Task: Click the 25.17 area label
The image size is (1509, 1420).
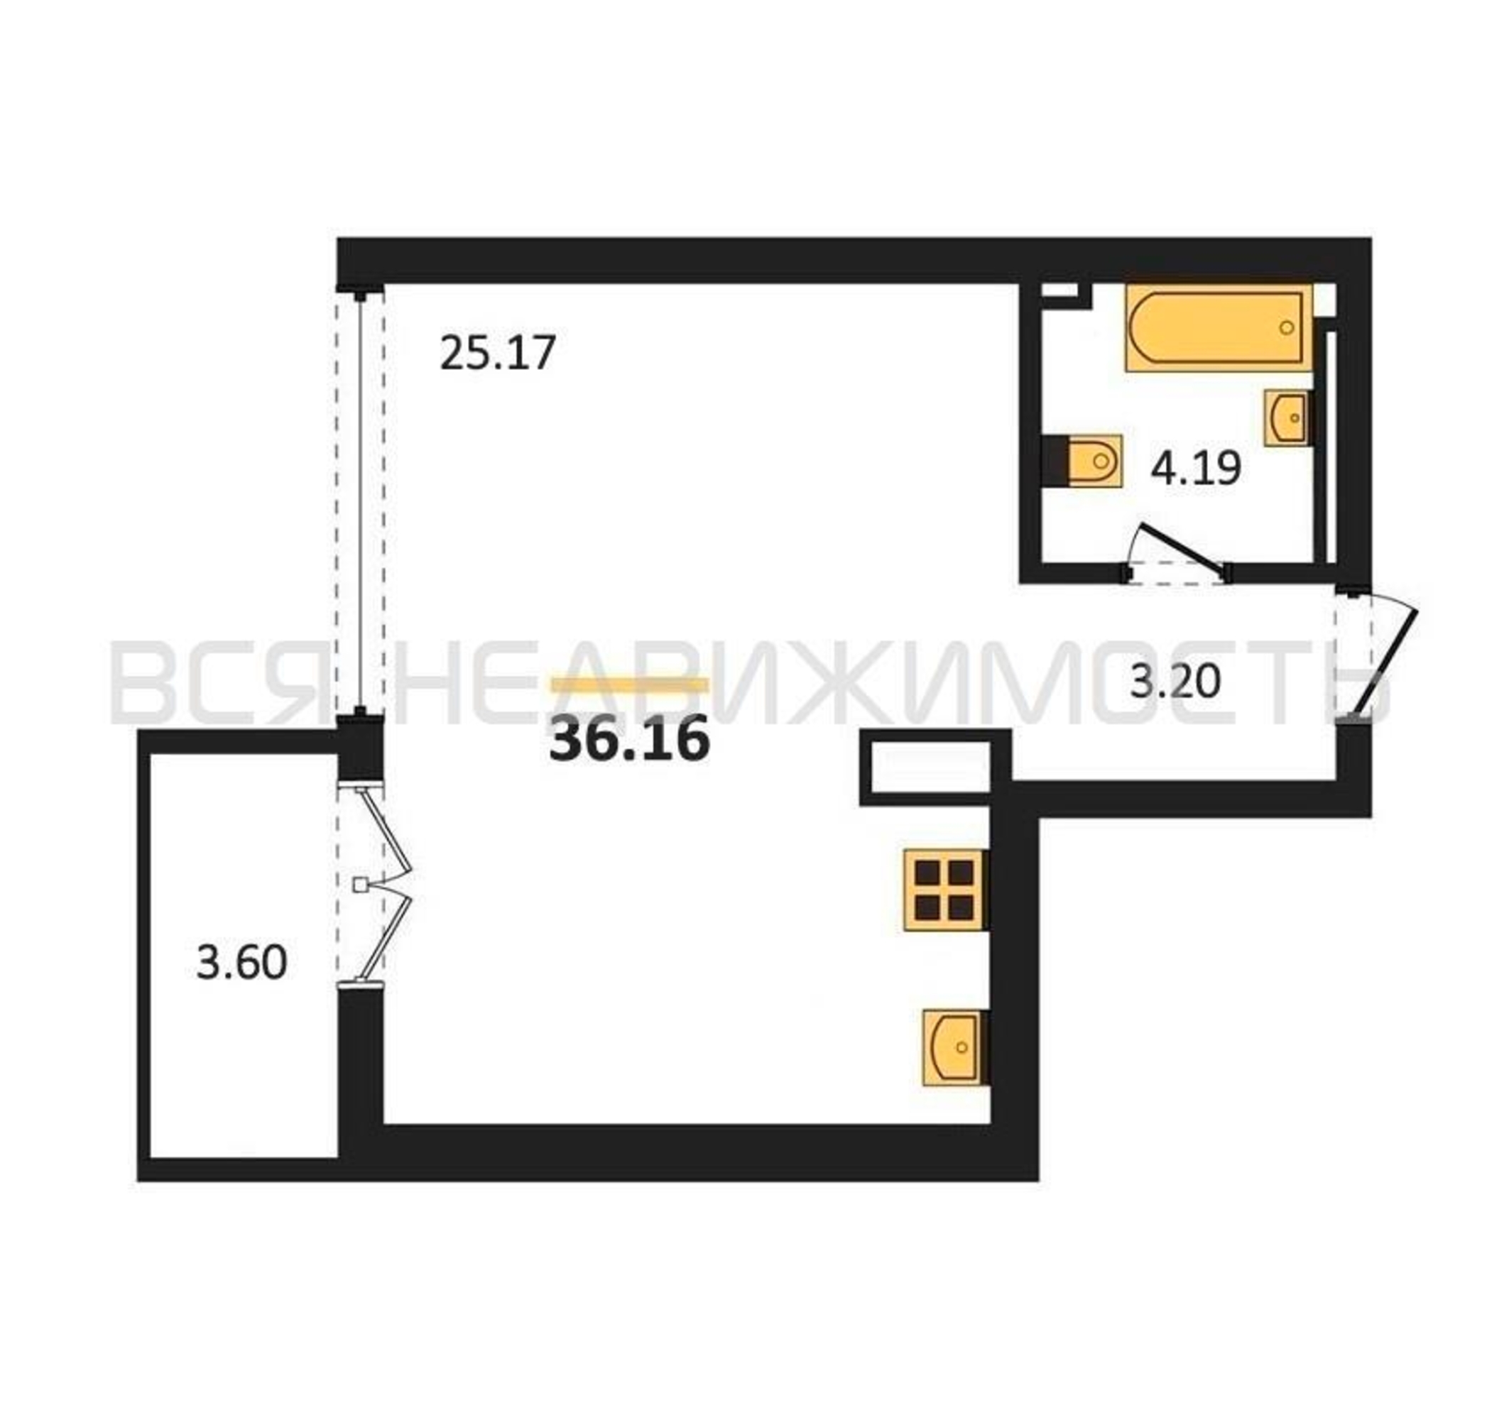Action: tap(498, 353)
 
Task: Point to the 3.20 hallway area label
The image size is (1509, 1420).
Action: tap(1176, 681)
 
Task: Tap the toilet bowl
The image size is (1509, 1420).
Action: tap(1094, 461)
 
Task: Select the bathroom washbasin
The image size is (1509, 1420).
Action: tap(1286, 417)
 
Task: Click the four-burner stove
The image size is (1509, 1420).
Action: tap(945, 890)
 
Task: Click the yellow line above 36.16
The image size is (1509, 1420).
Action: tap(630, 685)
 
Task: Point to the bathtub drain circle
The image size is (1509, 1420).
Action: tap(1287, 328)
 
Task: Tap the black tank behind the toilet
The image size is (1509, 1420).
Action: tap(1055, 461)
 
